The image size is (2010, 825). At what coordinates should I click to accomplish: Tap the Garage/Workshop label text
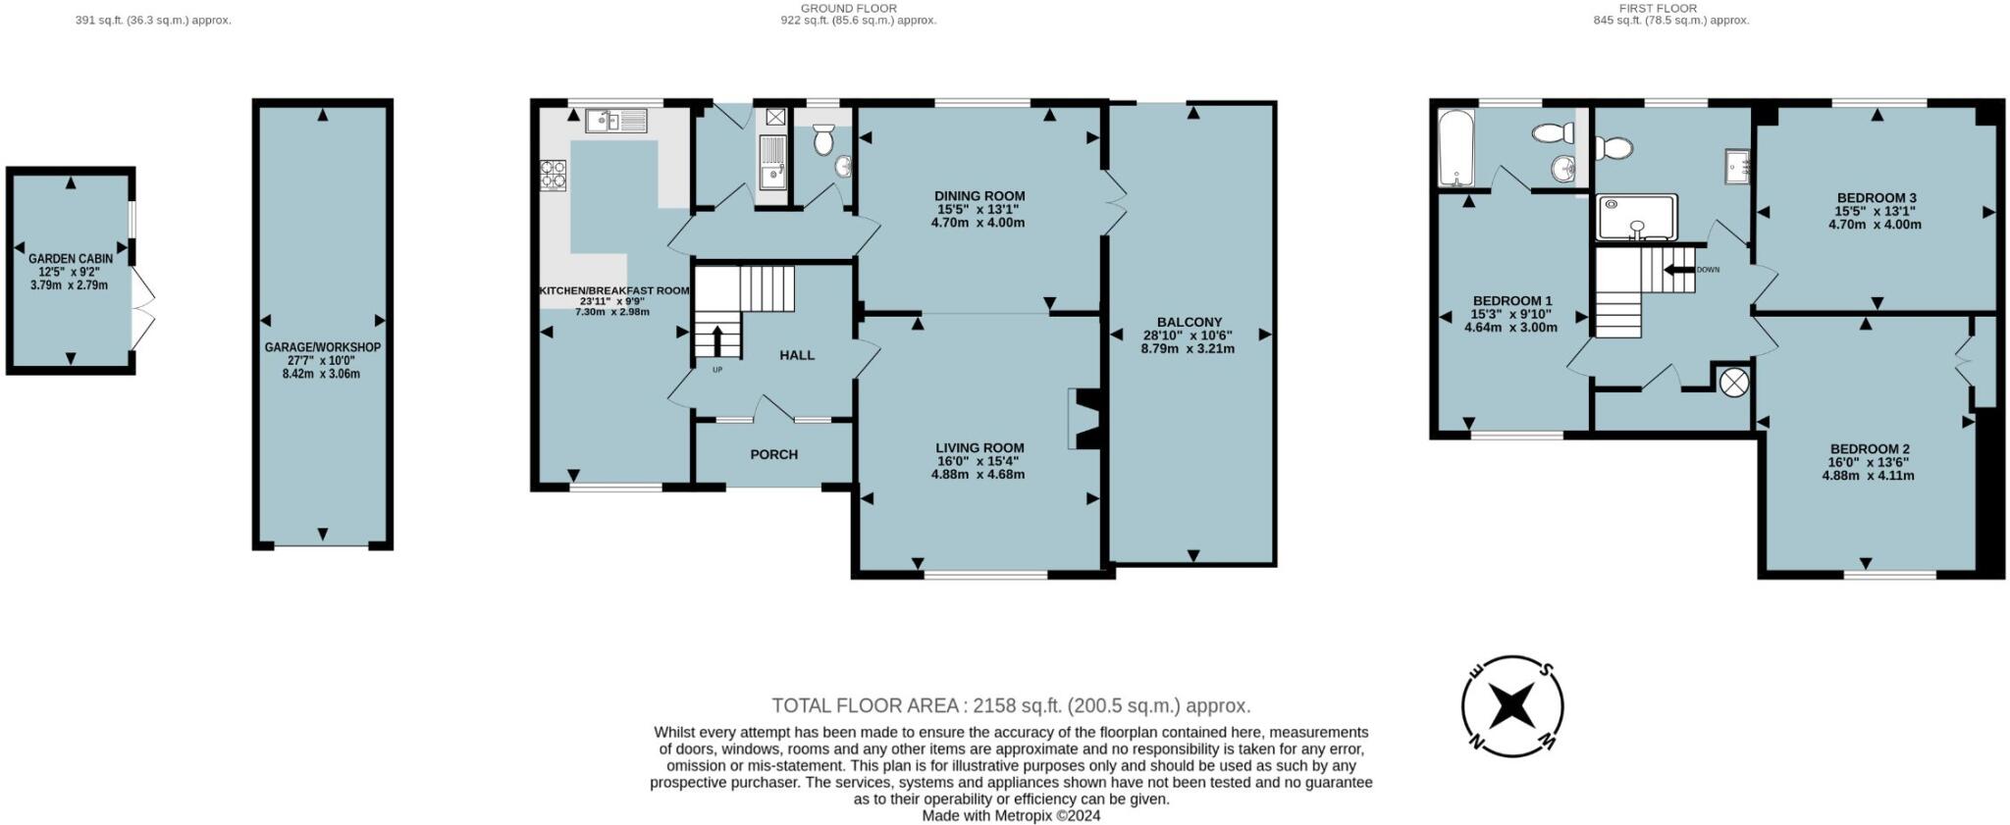pyautogui.click(x=322, y=347)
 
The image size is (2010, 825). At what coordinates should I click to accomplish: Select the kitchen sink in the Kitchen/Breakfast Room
pyautogui.click(x=615, y=121)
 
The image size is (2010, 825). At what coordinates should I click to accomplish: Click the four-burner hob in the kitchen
pyautogui.click(x=553, y=174)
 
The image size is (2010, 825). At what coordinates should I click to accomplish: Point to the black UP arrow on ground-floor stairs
pyautogui.click(x=715, y=342)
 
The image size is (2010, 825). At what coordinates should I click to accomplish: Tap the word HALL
pyautogui.click(x=797, y=355)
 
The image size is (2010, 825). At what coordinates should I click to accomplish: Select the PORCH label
pyautogui.click(x=773, y=454)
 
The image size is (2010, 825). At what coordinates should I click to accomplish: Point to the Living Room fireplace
pyautogui.click(x=1084, y=420)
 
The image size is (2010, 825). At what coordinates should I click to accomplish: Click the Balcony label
pyautogui.click(x=1189, y=322)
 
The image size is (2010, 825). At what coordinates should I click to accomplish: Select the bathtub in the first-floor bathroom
pyautogui.click(x=1452, y=149)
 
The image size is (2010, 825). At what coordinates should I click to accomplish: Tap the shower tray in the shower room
pyautogui.click(x=1636, y=218)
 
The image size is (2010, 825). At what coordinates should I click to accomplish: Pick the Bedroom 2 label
pyautogui.click(x=1868, y=449)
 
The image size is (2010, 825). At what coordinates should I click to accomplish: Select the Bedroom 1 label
pyautogui.click(x=1511, y=301)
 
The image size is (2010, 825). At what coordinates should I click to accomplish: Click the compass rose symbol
pyautogui.click(x=1512, y=705)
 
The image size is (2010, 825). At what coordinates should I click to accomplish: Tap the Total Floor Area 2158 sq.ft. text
pyautogui.click(x=1011, y=705)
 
